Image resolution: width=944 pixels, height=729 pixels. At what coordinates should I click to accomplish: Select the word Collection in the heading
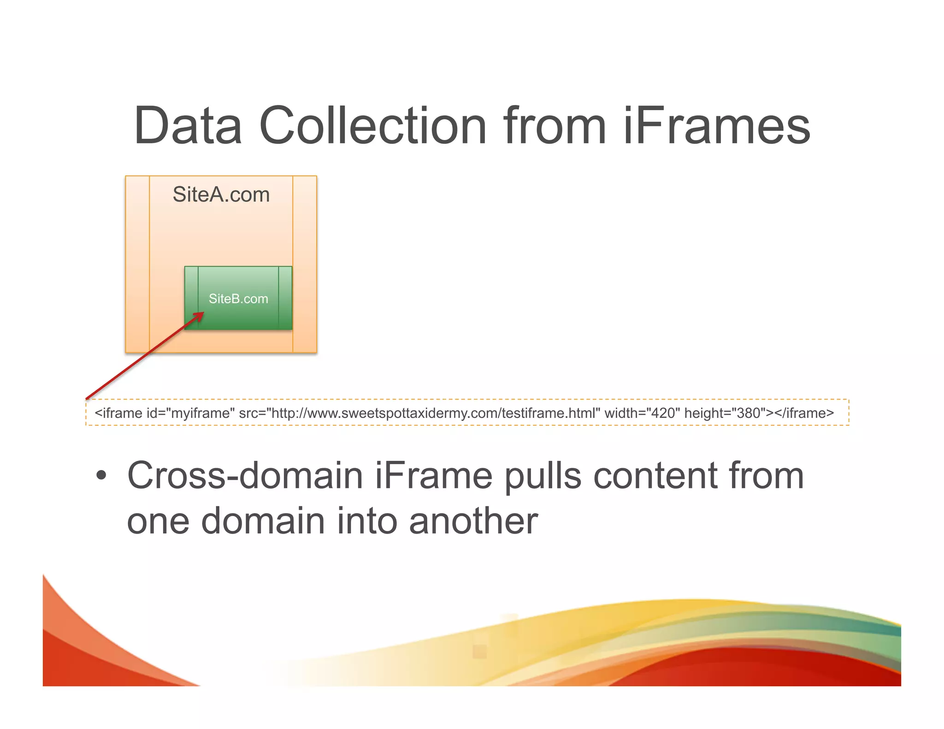(x=373, y=126)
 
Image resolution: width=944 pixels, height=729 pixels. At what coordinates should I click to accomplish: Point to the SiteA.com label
(x=221, y=194)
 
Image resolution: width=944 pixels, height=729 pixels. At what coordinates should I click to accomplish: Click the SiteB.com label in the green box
(x=238, y=299)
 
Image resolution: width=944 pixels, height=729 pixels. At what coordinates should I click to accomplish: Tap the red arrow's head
(x=200, y=315)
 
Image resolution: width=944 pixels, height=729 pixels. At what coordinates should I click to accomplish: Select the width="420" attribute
(x=642, y=413)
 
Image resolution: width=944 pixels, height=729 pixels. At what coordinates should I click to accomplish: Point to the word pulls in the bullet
(x=543, y=476)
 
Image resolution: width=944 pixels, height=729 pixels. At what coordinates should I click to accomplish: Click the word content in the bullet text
(x=655, y=476)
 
